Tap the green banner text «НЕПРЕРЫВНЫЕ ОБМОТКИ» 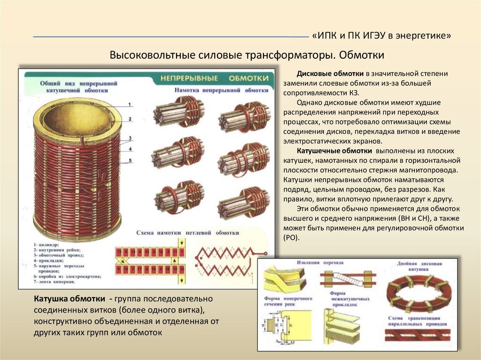tap(214, 78)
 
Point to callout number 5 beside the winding tap(130, 160)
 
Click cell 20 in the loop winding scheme tap(181, 269)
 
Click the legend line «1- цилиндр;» tap(47, 245)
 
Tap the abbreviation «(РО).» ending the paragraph tap(291, 237)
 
